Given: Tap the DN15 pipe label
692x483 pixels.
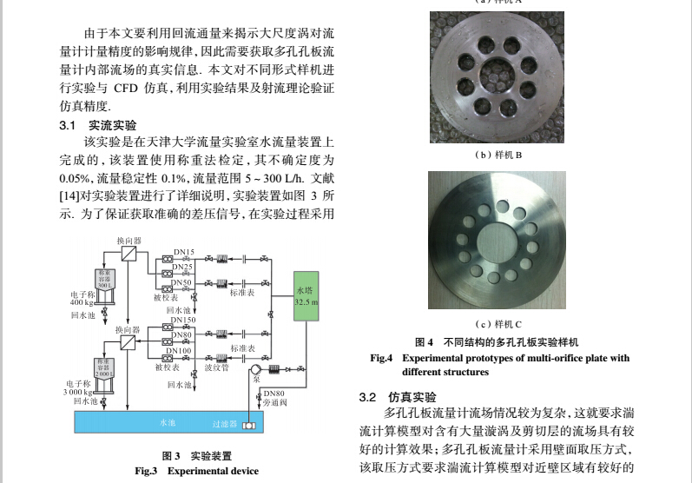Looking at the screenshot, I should (183, 252).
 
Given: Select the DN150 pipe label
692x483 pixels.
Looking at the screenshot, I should (183, 321).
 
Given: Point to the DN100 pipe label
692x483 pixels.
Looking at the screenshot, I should (179, 350).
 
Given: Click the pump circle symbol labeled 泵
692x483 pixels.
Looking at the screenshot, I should (256, 368).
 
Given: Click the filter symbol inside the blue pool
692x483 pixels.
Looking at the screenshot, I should (249, 425).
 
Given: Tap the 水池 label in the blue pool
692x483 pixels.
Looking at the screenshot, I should (167, 423).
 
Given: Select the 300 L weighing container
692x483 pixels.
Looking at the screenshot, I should (105, 279).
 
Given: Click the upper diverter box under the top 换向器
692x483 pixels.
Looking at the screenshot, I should (130, 253).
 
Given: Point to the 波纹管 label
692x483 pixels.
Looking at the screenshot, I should (216, 367).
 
